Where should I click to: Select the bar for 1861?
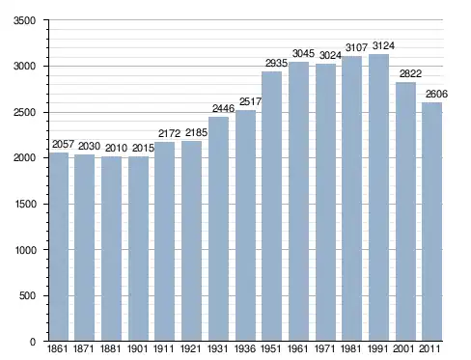[59, 247]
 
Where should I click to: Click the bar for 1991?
[378, 198]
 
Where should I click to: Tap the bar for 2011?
[431, 222]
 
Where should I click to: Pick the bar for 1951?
[271, 207]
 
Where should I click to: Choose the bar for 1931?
[218, 229]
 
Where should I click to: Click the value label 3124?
[383, 46]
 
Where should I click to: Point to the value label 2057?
[63, 144]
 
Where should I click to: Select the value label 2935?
[276, 63]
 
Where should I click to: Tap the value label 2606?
[436, 94]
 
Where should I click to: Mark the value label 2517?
[250, 101]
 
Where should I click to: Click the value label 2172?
[169, 133]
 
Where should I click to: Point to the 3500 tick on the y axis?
[25, 20]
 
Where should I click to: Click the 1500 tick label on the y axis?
[25, 204]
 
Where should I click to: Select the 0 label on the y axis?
[33, 342]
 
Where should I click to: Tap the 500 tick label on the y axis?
[27, 295]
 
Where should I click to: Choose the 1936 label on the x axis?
[245, 348]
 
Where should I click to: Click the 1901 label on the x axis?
[137, 348]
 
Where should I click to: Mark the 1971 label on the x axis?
[324, 348]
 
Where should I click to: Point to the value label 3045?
[303, 53]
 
